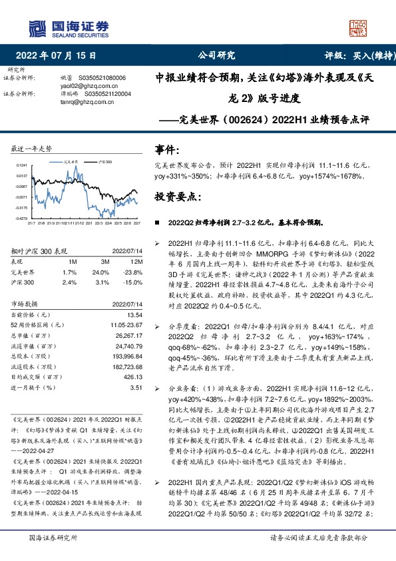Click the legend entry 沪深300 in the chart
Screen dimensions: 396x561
pos(104,161)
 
